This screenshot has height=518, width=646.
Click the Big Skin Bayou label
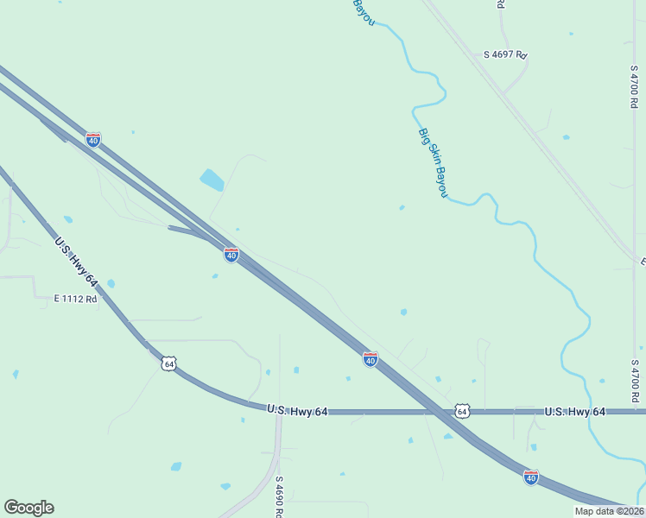click(433, 162)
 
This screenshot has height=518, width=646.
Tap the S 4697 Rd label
click(505, 54)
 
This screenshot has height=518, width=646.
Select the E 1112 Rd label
click(75, 299)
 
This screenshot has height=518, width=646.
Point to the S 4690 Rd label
click(280, 496)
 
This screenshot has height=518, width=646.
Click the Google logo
click(28, 508)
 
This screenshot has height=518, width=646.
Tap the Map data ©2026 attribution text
click(609, 511)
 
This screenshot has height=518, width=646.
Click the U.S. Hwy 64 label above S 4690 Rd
click(297, 411)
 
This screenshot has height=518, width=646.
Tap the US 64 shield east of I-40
click(463, 412)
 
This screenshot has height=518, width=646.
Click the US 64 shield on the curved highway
click(168, 364)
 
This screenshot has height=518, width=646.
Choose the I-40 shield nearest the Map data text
click(530, 477)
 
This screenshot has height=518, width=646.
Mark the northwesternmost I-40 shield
click(93, 139)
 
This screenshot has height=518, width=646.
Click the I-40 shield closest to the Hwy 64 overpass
click(370, 359)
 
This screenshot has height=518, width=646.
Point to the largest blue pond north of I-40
click(212, 180)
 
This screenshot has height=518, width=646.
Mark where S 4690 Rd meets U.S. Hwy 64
click(279, 412)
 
